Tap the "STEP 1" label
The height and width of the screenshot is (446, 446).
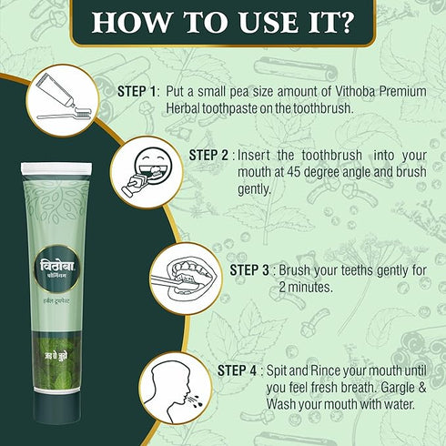pos(137,91)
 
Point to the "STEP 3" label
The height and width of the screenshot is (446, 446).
pos(249,270)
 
